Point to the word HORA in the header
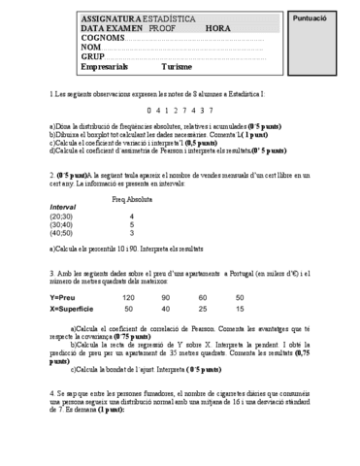[218, 30]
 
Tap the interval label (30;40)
[63, 224]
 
